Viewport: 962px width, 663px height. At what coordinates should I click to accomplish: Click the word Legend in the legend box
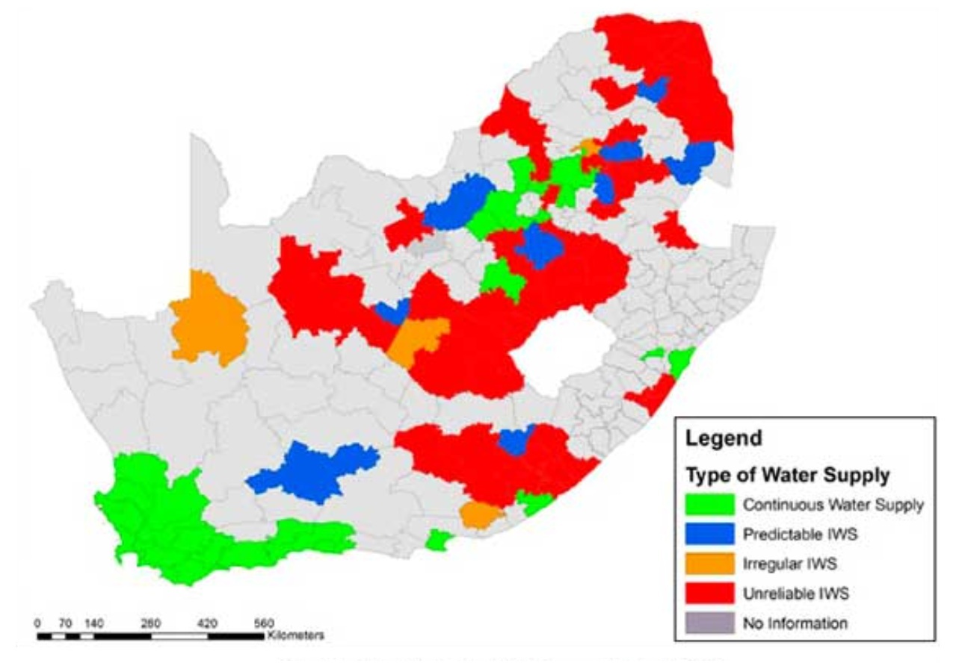tap(724, 438)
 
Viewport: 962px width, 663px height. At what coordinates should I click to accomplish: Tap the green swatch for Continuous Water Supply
tap(709, 505)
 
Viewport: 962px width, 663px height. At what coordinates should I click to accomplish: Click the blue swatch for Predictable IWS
tap(709, 535)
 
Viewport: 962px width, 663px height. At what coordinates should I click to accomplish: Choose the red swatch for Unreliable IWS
tap(709, 594)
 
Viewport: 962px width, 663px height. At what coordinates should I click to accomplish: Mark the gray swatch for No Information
tap(709, 623)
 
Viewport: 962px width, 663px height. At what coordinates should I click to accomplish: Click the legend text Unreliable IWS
tap(786, 594)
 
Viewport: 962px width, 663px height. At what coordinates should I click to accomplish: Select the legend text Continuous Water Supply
tap(833, 505)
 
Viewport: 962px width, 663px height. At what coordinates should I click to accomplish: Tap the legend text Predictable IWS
tap(789, 535)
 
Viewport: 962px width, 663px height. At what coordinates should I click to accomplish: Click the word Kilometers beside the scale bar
tap(294, 636)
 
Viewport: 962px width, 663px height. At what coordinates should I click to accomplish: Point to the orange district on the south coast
tap(480, 515)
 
